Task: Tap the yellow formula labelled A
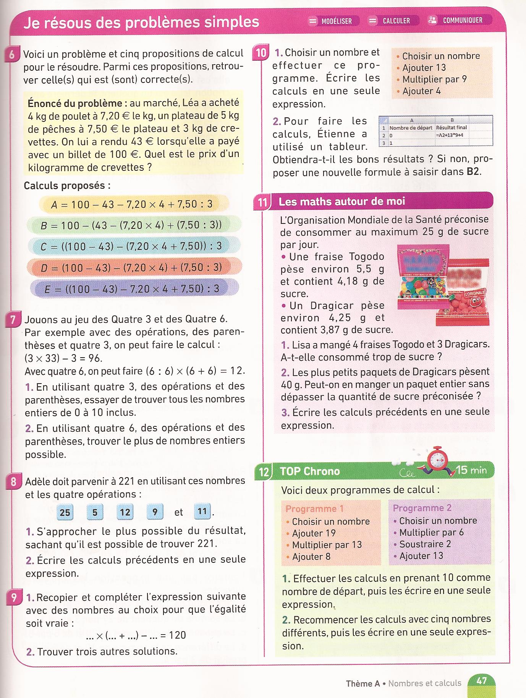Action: [x=134, y=204]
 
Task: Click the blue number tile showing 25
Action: [x=65, y=512]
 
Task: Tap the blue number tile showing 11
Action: [x=202, y=511]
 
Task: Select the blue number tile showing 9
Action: [x=155, y=512]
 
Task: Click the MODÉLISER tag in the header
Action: [x=333, y=21]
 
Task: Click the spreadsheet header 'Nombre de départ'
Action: [x=411, y=128]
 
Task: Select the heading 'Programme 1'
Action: [x=315, y=509]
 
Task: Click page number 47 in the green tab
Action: [x=482, y=680]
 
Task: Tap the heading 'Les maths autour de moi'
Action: [x=341, y=201]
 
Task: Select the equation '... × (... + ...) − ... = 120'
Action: [x=136, y=635]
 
